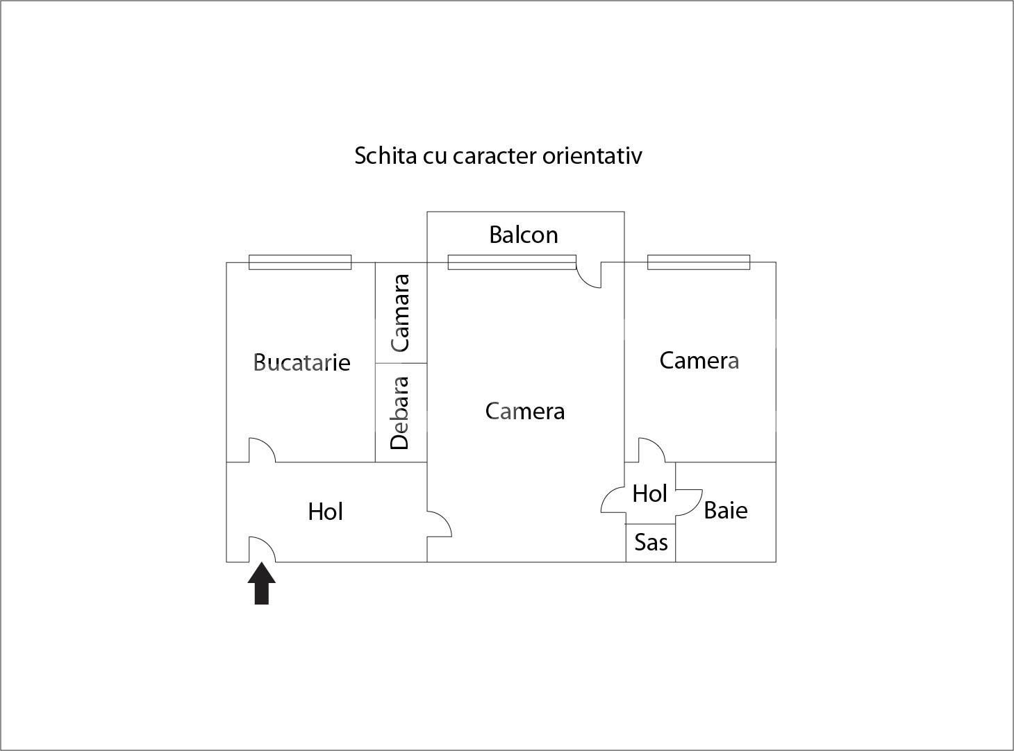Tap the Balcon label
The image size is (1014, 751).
pyautogui.click(x=524, y=235)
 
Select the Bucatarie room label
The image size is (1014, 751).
pyautogui.click(x=301, y=362)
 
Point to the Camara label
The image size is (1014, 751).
pyautogui.click(x=399, y=313)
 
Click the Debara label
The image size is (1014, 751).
pyautogui.click(x=399, y=413)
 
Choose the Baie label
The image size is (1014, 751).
pyautogui.click(x=726, y=510)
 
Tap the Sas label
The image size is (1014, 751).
pyautogui.click(x=651, y=542)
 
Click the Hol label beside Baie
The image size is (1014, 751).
pyautogui.click(x=649, y=493)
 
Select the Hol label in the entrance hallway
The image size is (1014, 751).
pyautogui.click(x=326, y=512)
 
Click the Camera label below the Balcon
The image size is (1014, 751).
pyautogui.click(x=525, y=411)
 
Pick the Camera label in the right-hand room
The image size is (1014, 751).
pyautogui.click(x=699, y=360)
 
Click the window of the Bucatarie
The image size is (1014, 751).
pyautogui.click(x=300, y=262)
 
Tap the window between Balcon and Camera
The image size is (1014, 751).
pyautogui.click(x=512, y=262)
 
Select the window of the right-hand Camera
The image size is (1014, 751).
pyautogui.click(x=699, y=262)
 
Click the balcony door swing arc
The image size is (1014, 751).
pyautogui.click(x=584, y=280)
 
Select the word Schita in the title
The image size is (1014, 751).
pyautogui.click(x=386, y=155)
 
